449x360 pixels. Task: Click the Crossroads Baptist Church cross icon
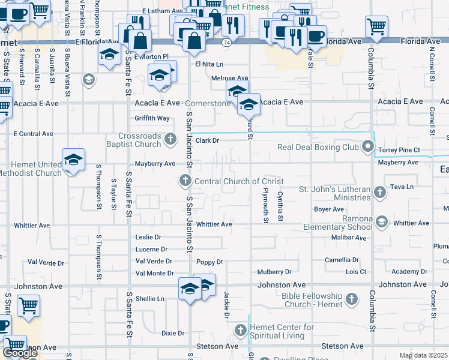point(170,140)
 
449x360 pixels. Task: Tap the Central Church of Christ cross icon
point(185,181)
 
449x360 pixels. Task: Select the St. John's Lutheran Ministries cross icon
point(379,193)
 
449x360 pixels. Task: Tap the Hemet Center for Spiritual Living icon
point(240,331)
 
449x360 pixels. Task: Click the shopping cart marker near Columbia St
point(376,26)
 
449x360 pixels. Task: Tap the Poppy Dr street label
point(209,262)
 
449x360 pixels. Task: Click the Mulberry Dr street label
point(274,272)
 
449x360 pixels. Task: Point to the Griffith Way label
point(152,118)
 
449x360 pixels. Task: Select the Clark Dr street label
point(208,140)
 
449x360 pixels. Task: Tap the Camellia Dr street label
point(342,260)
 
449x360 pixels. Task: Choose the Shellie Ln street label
point(149,299)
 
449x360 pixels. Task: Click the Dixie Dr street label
point(172,333)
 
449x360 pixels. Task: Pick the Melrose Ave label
point(229,78)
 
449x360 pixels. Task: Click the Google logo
point(20,353)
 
